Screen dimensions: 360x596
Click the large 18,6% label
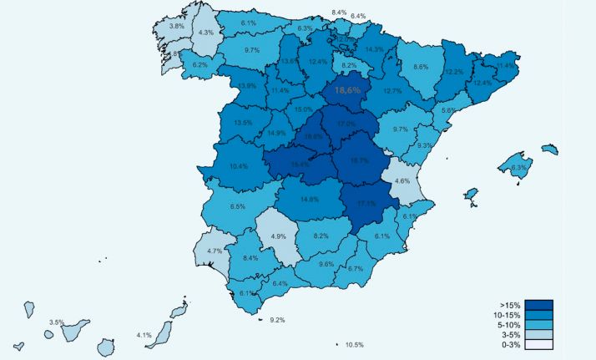click(347, 89)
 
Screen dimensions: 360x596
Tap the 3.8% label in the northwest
click(177, 27)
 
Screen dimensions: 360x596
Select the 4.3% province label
click(205, 33)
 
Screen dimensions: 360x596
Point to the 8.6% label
click(421, 67)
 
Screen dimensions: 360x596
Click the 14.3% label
click(374, 49)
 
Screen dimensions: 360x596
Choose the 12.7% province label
click(393, 91)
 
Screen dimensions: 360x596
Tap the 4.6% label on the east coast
click(402, 180)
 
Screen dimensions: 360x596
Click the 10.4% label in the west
click(238, 166)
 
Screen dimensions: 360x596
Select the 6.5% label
click(238, 206)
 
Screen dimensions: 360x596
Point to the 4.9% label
click(279, 236)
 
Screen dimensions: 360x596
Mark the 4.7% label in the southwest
click(215, 251)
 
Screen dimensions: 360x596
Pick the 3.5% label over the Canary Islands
click(57, 322)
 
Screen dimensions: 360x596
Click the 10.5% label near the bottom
click(355, 345)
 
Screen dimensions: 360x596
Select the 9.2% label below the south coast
click(277, 320)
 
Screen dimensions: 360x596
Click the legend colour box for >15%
click(539, 304)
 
